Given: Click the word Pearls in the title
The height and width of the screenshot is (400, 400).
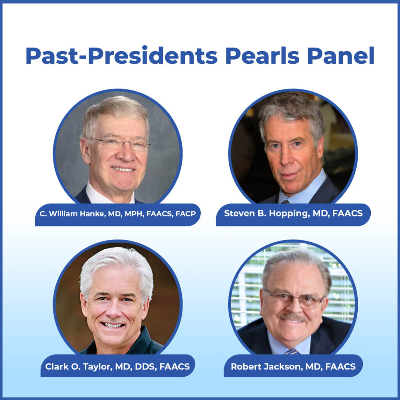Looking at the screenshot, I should pos(262,56).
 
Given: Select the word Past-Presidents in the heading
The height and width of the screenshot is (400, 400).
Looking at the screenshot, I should pos(121,56).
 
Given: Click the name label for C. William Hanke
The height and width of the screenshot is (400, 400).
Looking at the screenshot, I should pos(117,214).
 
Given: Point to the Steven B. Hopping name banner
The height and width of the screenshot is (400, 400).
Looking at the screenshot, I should pos(293,214).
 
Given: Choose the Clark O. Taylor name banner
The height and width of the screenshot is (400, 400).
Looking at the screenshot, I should pos(117,366).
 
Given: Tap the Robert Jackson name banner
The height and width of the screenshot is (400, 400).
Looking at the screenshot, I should pos(293,366).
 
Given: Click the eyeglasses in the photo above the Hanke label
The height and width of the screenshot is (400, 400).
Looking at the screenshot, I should pos(120,144).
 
